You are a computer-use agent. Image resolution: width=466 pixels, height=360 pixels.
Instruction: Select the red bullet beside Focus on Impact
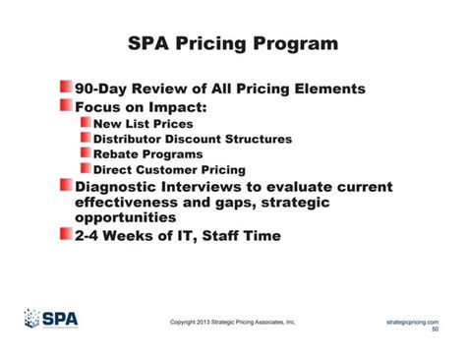(66, 106)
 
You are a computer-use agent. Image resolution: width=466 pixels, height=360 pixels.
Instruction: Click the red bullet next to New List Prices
(85, 124)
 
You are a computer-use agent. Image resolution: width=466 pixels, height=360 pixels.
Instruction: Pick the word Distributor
(134, 139)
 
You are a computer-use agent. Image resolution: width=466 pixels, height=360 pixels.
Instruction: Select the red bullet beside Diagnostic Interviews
(66, 187)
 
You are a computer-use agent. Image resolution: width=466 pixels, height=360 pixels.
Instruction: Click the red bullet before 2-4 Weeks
(66, 236)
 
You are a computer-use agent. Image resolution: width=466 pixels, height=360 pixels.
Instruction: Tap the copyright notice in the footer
(232, 322)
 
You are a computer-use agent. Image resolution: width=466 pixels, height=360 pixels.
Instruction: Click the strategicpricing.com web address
(412, 321)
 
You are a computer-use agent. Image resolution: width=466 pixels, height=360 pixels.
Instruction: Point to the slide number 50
(436, 330)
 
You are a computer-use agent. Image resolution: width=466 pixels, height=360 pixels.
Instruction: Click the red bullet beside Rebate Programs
(85, 154)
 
